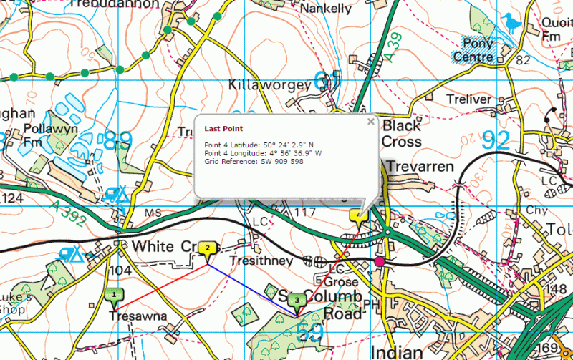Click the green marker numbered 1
114,293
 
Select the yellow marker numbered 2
208,248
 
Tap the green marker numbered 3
299,300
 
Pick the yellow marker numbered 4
359,215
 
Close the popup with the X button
370,122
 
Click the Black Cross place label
411,133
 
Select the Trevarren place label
420,166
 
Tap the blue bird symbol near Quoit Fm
509,23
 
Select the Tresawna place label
138,316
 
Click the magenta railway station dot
380,262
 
